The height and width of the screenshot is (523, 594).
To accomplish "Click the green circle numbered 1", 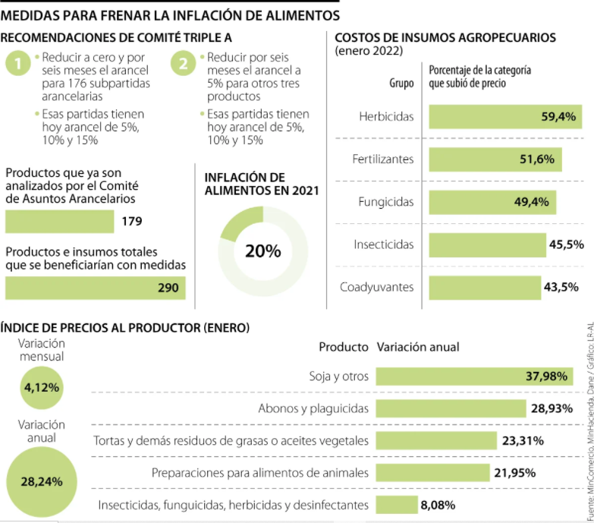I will tap(18, 65).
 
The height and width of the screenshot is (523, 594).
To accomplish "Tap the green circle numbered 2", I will tap(184, 65).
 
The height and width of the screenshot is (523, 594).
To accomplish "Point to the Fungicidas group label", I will tap(386, 202).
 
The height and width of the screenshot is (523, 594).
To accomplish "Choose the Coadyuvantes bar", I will tap(485, 287).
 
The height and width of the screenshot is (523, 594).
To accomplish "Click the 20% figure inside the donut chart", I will tap(263, 250).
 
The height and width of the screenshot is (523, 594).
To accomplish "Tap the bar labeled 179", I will tap(60, 222).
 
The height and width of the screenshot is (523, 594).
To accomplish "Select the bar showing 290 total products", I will tap(95, 288).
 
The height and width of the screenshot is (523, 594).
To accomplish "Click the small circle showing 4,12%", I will tap(42, 387).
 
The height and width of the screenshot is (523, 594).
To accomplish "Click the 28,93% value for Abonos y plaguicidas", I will tap(552, 408).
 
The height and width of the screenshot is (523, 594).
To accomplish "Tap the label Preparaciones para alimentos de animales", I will tap(260, 472).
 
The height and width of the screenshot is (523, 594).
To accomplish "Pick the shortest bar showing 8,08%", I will tap(395, 504).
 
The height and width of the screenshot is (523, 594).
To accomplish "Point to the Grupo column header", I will tap(401, 83).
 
